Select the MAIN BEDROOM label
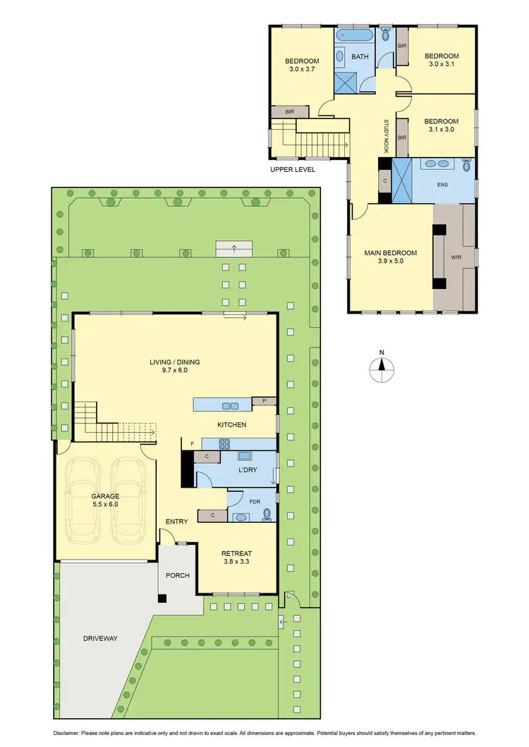click(x=390, y=253)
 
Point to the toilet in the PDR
click(x=266, y=515)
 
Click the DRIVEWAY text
click(x=99, y=638)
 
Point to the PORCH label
click(x=177, y=576)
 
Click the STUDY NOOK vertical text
click(x=387, y=135)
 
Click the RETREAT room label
click(x=236, y=553)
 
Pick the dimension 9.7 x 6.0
click(x=174, y=371)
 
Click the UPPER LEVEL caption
click(x=292, y=170)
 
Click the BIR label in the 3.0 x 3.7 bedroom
click(x=289, y=111)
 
